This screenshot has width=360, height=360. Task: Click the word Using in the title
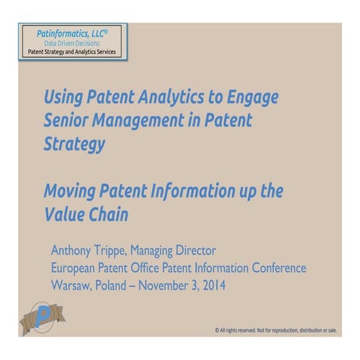coord(65,97)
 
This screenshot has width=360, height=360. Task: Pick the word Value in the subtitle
coord(63,215)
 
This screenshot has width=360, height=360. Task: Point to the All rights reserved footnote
coord(276,329)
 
